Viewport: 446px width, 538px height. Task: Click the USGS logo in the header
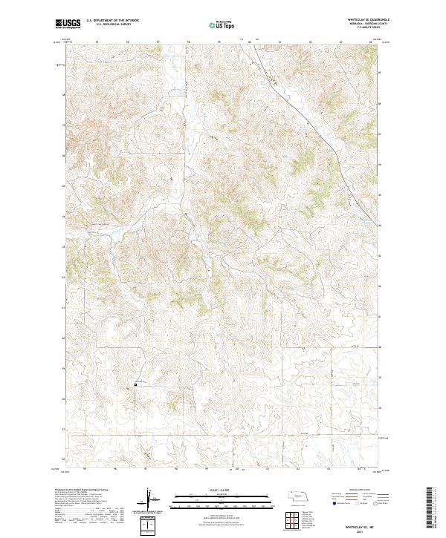[68, 24]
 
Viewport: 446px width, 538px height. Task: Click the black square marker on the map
[136, 384]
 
